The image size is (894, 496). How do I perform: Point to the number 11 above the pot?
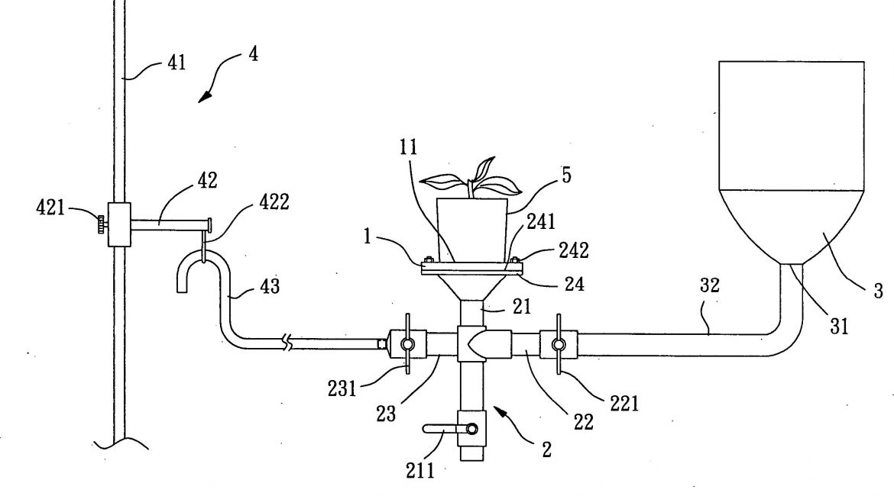(407, 148)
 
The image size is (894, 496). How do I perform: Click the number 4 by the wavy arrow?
(252, 57)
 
